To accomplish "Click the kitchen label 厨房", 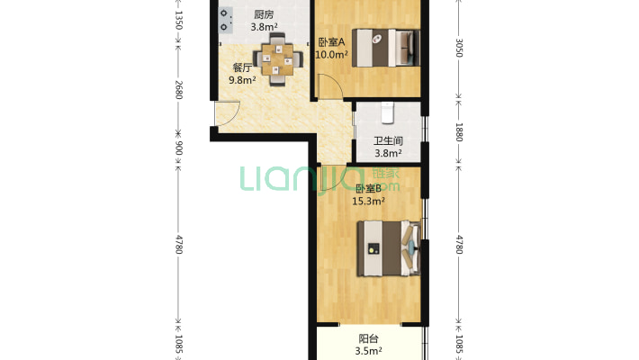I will pyautogui.click(x=263, y=14).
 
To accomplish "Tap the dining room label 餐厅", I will pyautogui.click(x=242, y=67).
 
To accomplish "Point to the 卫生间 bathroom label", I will pyautogui.click(x=388, y=140).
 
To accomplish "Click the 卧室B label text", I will pyautogui.click(x=369, y=188).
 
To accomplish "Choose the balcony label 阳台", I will pyautogui.click(x=369, y=339).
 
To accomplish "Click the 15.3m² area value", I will pyautogui.click(x=369, y=202).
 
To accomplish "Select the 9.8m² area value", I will pyautogui.click(x=242, y=80).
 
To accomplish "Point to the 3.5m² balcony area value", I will pyautogui.click(x=369, y=351).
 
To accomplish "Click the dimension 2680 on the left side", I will pyautogui.click(x=178, y=91).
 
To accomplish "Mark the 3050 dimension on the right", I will pyautogui.click(x=459, y=47).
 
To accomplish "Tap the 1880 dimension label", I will pyautogui.click(x=459, y=131).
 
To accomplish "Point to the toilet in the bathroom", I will pyautogui.click(x=387, y=111).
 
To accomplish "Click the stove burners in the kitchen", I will pyautogui.click(x=223, y=20).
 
